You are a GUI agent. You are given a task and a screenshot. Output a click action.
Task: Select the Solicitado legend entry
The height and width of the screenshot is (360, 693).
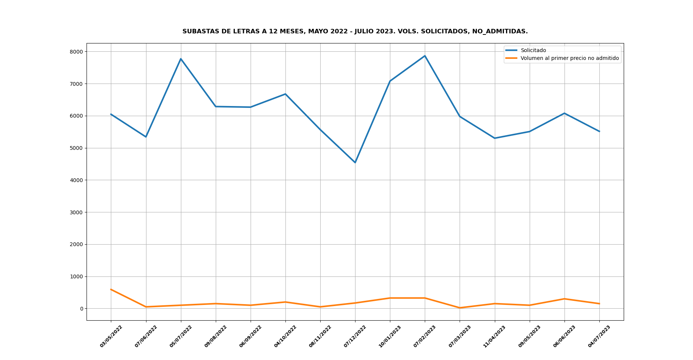pos(533,51)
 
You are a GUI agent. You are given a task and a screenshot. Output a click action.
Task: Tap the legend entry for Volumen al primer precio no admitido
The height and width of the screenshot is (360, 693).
pos(569,58)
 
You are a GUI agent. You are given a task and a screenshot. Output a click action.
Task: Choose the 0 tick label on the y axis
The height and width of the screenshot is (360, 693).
pos(81,309)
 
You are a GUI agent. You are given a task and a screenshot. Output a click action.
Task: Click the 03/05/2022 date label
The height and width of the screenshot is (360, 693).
pos(111,336)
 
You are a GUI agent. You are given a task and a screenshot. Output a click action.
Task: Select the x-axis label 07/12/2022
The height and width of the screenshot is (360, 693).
pos(355,336)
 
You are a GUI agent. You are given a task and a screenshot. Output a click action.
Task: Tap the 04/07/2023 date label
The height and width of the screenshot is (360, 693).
pos(599,336)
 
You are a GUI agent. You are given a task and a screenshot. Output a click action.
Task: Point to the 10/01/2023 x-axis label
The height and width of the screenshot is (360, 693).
pos(390,336)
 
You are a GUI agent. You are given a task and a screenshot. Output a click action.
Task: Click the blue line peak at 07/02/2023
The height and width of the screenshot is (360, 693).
pos(425,56)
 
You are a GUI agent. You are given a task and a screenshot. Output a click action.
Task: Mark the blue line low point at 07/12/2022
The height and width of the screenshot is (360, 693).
pos(355,163)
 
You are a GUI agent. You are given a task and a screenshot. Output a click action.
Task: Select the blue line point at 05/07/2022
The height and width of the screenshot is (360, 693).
pos(181,59)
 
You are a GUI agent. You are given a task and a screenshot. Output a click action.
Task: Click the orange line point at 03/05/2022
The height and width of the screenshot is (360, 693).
pos(111,290)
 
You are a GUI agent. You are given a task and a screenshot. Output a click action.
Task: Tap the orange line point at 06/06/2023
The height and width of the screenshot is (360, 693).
pos(565,299)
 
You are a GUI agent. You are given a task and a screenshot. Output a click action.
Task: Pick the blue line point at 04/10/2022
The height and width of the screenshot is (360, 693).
pos(285,94)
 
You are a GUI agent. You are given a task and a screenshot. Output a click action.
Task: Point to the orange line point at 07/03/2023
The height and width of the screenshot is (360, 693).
pos(460,308)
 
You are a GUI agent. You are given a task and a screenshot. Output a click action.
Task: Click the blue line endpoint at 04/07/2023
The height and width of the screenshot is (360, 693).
pos(599,131)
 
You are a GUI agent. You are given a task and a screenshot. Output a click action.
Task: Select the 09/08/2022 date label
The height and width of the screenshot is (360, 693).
pos(216,336)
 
